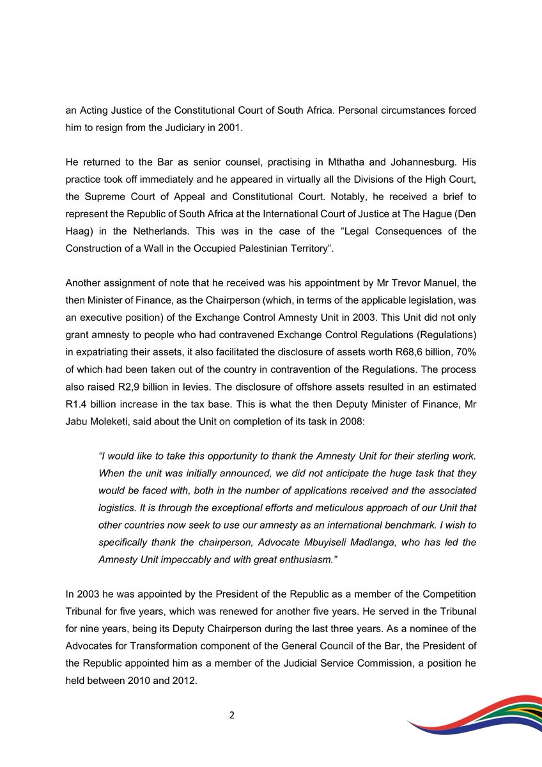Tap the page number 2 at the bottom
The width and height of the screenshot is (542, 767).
(x=232, y=715)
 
